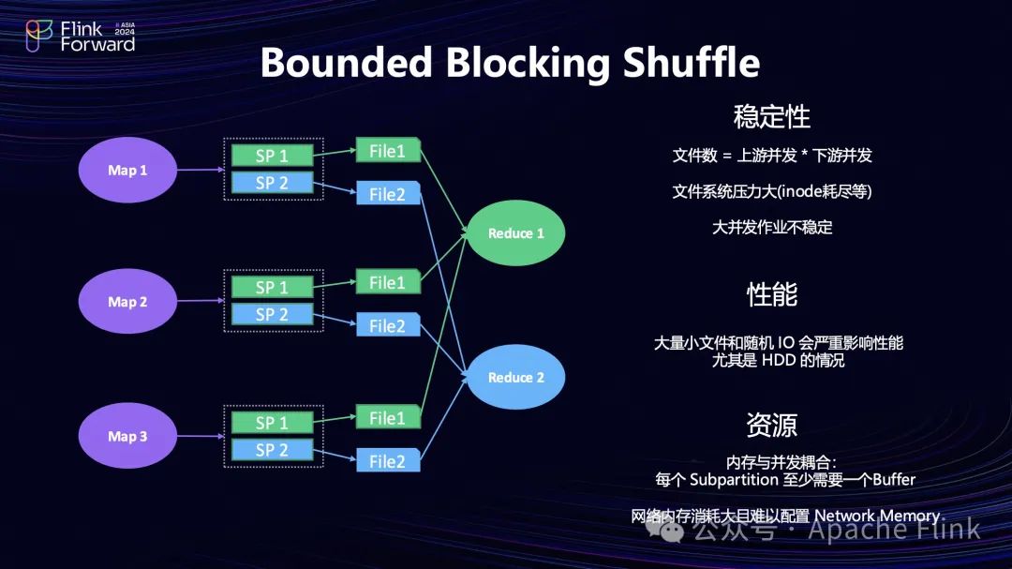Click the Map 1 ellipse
click(x=127, y=171)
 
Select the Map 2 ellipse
click(x=127, y=302)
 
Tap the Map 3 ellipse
click(x=127, y=436)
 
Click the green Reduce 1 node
click(x=515, y=233)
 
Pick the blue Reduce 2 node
click(x=515, y=377)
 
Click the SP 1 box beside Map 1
click(x=272, y=156)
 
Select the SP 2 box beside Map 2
click(x=272, y=314)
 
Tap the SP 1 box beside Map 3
click(x=272, y=423)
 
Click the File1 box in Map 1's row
click(x=388, y=150)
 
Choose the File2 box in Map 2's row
click(x=388, y=325)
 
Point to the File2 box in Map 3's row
click(x=388, y=460)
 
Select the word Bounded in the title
click(x=346, y=64)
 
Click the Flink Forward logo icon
click(x=38, y=36)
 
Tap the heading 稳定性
click(x=771, y=117)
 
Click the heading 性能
click(x=771, y=294)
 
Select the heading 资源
click(x=771, y=425)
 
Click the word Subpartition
click(x=739, y=479)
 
